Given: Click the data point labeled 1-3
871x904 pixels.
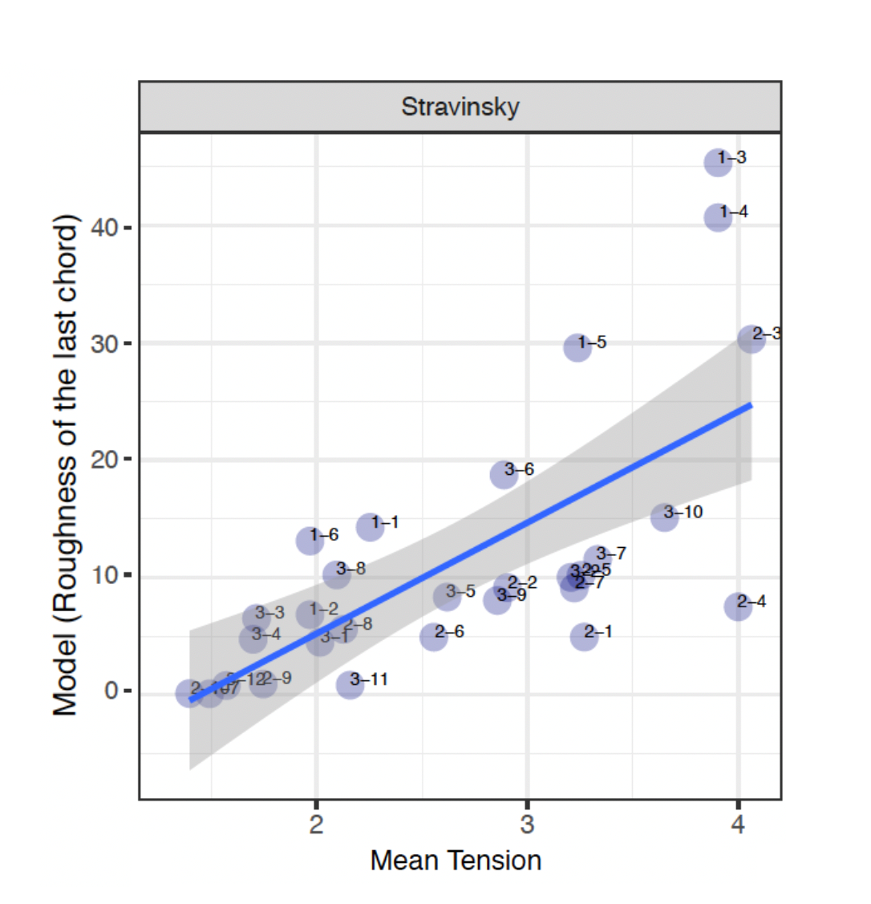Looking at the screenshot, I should [x=718, y=163].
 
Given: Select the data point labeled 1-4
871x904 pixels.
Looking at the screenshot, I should [x=718, y=217].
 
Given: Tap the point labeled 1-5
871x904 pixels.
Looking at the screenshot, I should [x=577, y=347].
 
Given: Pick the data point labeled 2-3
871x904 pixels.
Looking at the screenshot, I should [x=751, y=338].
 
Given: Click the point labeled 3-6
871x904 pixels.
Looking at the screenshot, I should [x=504, y=474].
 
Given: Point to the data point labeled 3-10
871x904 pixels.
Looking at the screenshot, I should [x=664, y=517].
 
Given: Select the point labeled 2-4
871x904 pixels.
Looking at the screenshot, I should [x=737, y=606].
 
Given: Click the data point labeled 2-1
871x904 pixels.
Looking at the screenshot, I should [x=584, y=637].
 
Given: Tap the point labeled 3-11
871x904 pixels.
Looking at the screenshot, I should [x=350, y=684].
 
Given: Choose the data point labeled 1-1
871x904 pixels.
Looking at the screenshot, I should [x=370, y=527].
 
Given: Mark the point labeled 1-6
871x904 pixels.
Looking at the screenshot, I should [x=310, y=540].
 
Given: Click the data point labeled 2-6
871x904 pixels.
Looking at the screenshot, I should [x=434, y=637].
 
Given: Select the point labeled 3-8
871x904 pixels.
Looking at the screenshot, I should [x=336, y=574].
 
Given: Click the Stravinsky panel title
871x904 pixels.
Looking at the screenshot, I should [x=460, y=107].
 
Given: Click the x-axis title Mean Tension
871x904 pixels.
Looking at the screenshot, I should [x=456, y=861].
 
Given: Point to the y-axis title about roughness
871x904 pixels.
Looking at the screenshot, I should [x=66, y=465].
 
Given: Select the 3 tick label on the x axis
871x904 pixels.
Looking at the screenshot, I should [x=527, y=824].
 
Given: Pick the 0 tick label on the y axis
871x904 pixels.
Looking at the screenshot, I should [x=112, y=691].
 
